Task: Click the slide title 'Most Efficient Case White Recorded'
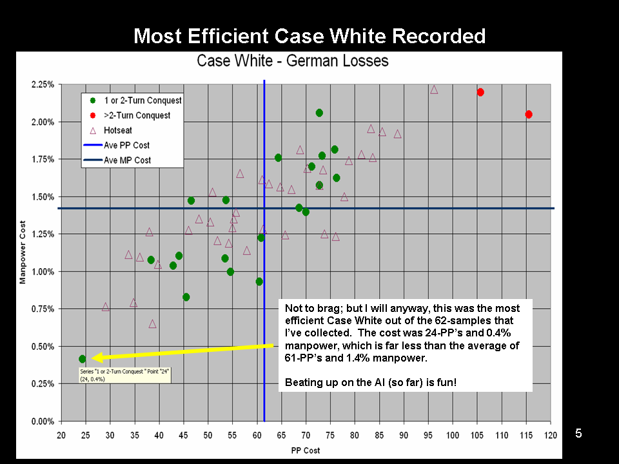click(309, 35)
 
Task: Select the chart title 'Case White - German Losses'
click(293, 61)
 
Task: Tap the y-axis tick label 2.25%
click(43, 85)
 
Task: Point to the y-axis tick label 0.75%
click(43, 309)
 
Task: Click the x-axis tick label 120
click(551, 435)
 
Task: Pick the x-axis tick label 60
click(257, 435)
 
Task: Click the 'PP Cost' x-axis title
click(306, 450)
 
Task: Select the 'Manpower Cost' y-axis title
click(23, 253)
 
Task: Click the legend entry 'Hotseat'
click(117, 130)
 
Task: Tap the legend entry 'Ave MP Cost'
click(127, 160)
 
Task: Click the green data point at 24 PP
click(83, 359)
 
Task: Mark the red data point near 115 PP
click(529, 114)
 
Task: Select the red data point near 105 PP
click(480, 92)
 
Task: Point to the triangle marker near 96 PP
click(434, 90)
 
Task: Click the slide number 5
click(578, 434)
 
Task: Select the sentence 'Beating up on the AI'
click(370, 383)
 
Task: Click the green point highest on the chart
click(319, 113)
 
